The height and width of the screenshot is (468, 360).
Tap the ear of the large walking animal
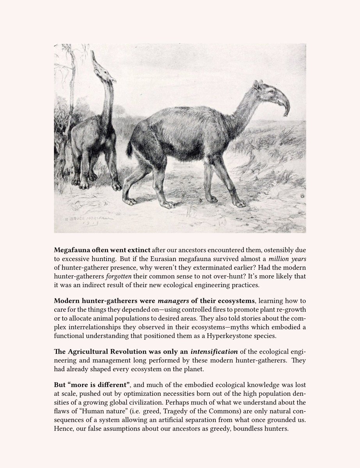pos(256,85)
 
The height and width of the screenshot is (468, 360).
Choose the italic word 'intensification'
pos(213,349)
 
